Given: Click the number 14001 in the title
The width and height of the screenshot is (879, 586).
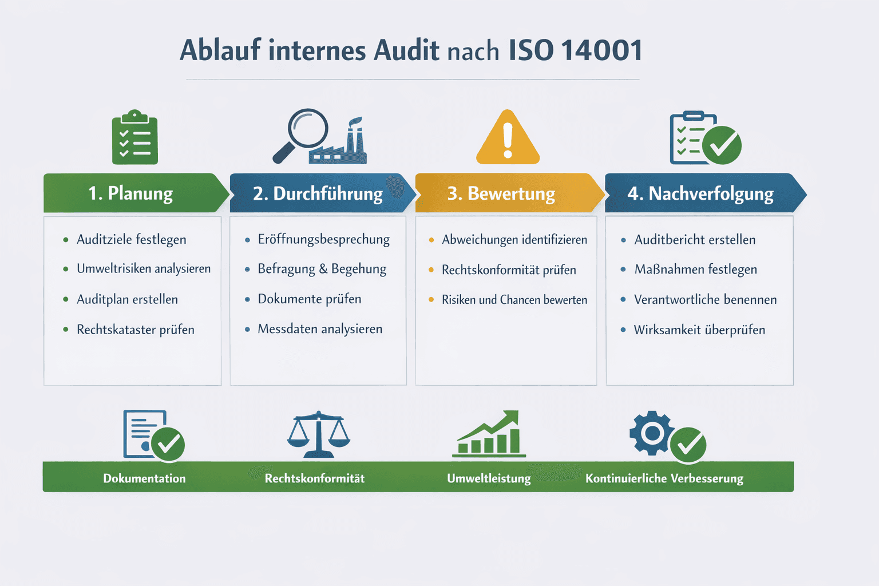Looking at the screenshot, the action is (x=601, y=50).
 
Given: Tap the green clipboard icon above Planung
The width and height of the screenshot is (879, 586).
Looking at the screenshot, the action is (x=135, y=138).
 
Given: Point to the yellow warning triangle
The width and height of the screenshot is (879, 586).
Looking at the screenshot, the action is (x=508, y=138).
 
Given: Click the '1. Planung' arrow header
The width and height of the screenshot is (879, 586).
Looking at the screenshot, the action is (x=132, y=193).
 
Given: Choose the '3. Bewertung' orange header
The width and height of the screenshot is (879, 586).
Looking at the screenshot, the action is (x=501, y=193).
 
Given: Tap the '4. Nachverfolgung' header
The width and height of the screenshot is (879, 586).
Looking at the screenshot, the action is (x=700, y=193).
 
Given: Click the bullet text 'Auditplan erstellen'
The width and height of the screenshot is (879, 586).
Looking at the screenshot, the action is (x=127, y=299).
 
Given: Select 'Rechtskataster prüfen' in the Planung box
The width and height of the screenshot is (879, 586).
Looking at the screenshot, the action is (x=136, y=330).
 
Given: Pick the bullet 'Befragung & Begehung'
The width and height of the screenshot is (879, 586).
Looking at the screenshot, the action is (x=322, y=269).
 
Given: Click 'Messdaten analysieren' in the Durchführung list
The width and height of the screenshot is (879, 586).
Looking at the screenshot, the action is (x=320, y=329).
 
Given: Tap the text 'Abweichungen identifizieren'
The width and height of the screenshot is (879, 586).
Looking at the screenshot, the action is (x=514, y=240).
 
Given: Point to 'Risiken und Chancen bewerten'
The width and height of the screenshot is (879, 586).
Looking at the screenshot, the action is (x=514, y=300).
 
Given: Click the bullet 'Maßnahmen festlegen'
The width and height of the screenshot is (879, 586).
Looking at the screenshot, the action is (x=695, y=270).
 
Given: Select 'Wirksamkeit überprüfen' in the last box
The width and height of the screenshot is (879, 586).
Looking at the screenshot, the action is (x=699, y=330).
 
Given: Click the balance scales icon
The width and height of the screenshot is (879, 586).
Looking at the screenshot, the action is (x=318, y=434).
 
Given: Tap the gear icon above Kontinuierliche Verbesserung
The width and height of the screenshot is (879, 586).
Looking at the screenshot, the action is (x=652, y=433).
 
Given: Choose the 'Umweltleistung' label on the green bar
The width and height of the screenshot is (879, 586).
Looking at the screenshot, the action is (x=489, y=478).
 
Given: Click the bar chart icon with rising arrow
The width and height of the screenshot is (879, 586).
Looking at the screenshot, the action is (x=489, y=434).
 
